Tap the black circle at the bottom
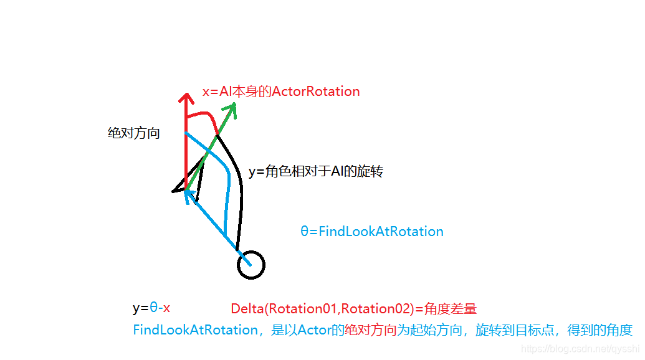(251, 265)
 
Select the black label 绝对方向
(134, 133)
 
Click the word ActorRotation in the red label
(316, 92)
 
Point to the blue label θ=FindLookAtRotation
(372, 232)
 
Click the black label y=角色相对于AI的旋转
(315, 171)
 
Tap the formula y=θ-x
(151, 308)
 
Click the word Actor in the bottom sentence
(315, 330)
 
